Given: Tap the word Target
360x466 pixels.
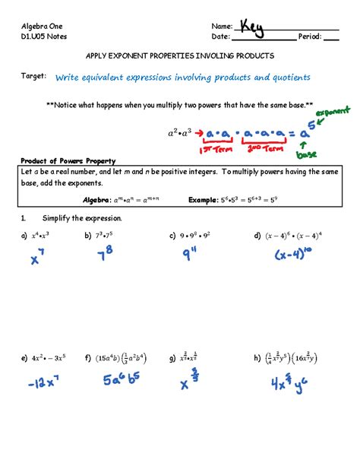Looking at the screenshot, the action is click(x=33, y=78).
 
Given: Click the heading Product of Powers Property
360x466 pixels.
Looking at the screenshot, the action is click(x=68, y=161).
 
